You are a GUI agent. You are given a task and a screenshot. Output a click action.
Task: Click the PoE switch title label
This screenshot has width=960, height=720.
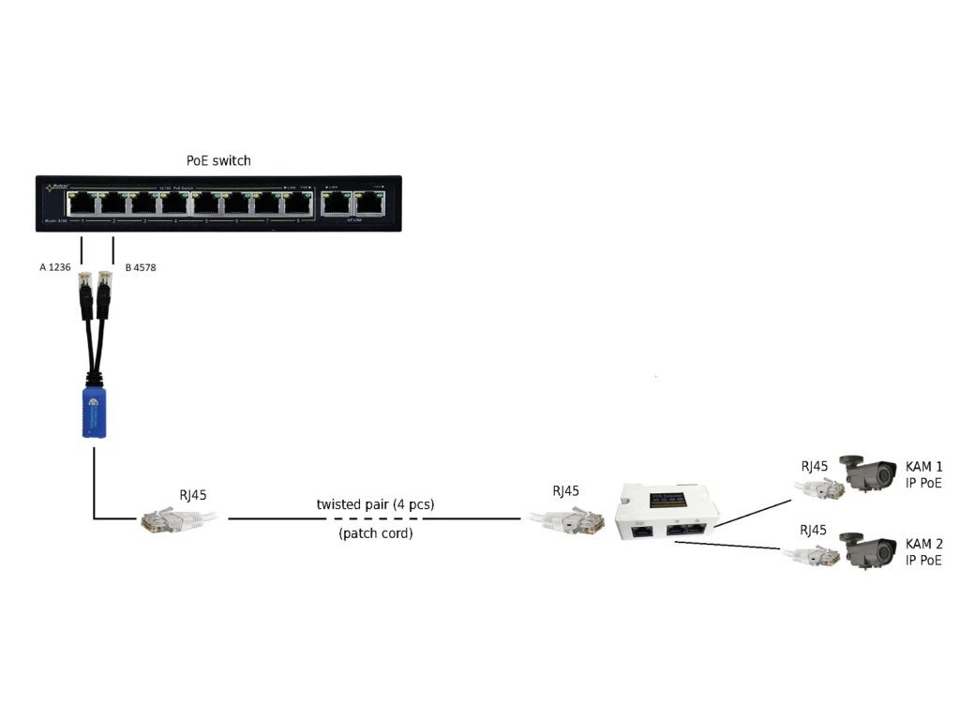[218, 160]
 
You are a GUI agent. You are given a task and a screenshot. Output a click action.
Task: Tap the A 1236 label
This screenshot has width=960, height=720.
[55, 268]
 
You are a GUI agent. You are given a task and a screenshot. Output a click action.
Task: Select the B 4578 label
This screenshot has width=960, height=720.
[141, 268]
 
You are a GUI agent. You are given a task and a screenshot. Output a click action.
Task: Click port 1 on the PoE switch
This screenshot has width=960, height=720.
[83, 202]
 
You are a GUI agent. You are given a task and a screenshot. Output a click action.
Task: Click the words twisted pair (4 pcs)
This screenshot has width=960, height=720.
[375, 504]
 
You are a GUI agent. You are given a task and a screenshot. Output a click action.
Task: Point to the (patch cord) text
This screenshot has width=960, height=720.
[375, 533]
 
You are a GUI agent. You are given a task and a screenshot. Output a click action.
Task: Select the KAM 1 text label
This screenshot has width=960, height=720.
[923, 467]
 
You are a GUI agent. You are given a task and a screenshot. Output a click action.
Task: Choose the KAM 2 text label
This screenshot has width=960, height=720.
[923, 545]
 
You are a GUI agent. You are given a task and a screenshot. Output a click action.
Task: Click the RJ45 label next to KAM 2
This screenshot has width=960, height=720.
[814, 531]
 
